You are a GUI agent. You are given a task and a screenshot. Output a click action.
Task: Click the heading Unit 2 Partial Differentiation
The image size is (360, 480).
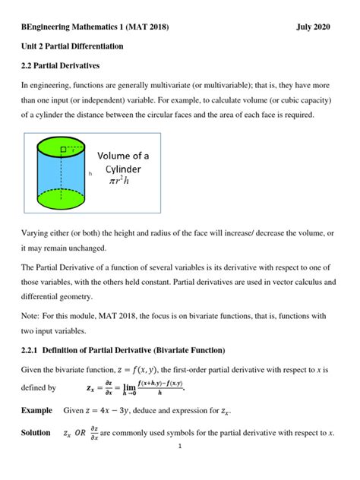pyautogui.click(x=71, y=46)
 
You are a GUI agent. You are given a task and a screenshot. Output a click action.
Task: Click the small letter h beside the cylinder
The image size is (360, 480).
pyautogui.click(x=90, y=174)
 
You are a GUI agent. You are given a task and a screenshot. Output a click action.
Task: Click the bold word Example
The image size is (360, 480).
pyautogui.click(x=37, y=410)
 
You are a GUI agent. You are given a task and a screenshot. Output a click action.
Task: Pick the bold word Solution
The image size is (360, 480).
pyautogui.click(x=37, y=433)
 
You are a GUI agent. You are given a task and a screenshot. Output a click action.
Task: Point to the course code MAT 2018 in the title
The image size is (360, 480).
pyautogui.click(x=148, y=27)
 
